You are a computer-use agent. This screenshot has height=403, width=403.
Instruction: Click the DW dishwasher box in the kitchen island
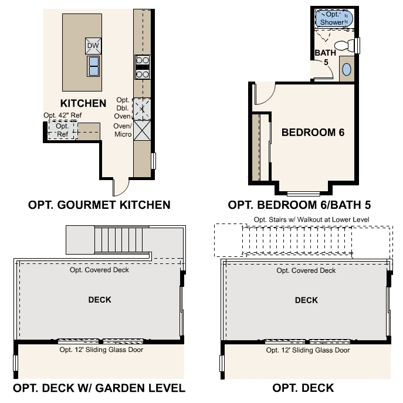pos(93,46)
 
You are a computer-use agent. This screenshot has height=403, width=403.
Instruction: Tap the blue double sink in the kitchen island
pos(93,66)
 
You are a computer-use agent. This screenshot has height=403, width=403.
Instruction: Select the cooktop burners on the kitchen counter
pos(143,67)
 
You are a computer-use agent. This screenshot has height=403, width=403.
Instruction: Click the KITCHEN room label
pos(83,103)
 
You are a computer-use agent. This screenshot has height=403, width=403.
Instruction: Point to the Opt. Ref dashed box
pos(63,130)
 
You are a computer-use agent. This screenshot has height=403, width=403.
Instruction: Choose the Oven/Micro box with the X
pos(142,131)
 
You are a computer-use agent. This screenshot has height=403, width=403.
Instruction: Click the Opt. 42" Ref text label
pos(63,115)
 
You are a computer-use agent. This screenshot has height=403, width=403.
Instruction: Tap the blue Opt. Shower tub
pos(334,18)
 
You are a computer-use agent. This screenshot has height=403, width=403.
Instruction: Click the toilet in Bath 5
pos(344,46)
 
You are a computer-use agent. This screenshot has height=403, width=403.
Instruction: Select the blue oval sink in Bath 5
pos(347,69)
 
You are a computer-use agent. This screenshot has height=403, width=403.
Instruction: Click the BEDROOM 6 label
pos(313,133)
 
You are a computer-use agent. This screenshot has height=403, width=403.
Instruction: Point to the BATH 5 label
pos(326,57)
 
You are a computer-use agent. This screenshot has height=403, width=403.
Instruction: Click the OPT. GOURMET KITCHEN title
pos(99,205)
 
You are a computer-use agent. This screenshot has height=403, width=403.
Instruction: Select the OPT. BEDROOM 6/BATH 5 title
pos(299,205)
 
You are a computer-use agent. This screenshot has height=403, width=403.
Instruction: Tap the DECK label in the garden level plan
pos(100,300)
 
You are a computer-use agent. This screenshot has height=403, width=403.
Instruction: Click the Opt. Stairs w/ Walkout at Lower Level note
pos(311,219)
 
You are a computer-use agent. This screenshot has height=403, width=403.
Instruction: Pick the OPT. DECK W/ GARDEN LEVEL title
pos(99,388)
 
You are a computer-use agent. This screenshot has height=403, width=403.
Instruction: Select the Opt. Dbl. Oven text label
pos(123,108)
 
